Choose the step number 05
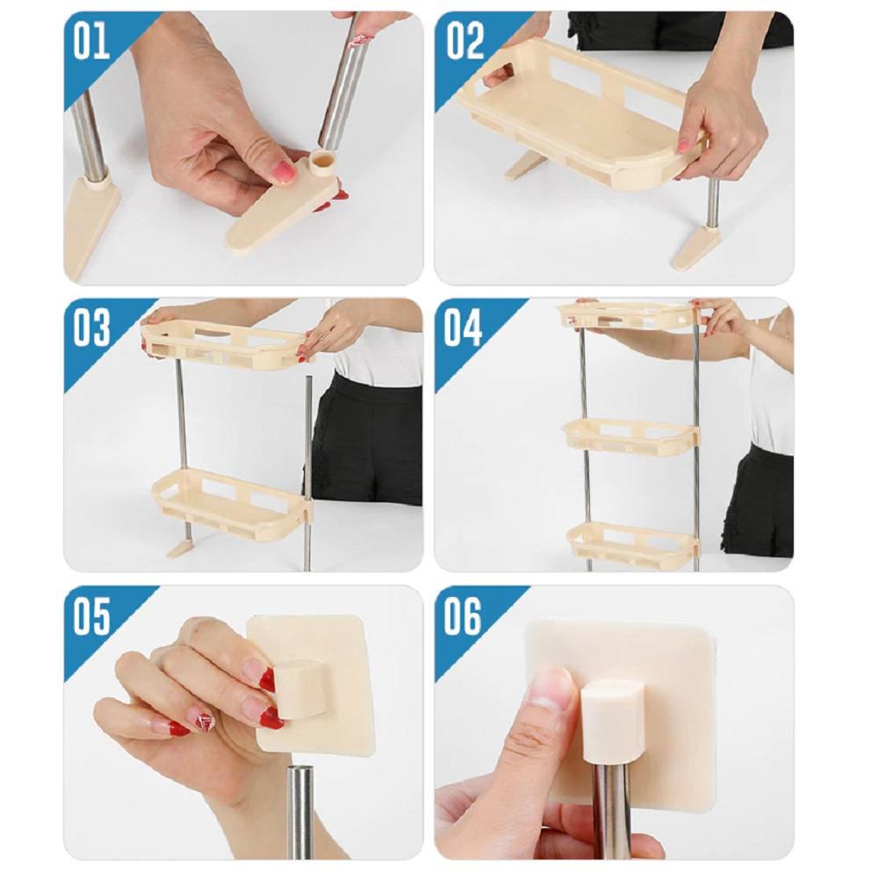pos(92,616)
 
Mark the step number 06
pos(463,616)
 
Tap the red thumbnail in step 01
pos(285,172)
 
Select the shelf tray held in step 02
pos(580,113)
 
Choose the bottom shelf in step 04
pos(633,541)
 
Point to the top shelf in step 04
pos(627,317)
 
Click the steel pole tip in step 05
pos(301,772)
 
